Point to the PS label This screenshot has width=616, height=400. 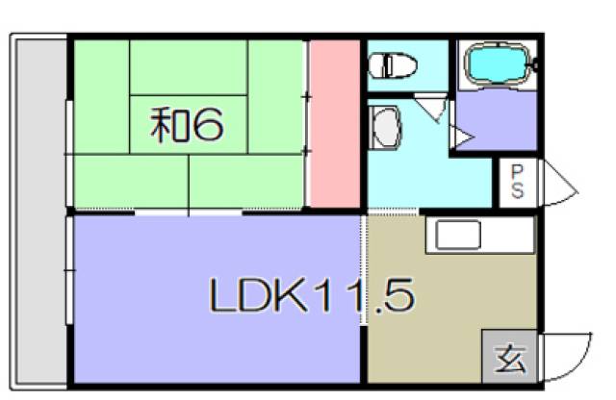pos(518,181)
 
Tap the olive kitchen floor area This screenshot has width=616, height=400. pos(433,317)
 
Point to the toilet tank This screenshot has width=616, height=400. pos(376,65)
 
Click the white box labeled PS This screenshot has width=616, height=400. pos(518,181)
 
